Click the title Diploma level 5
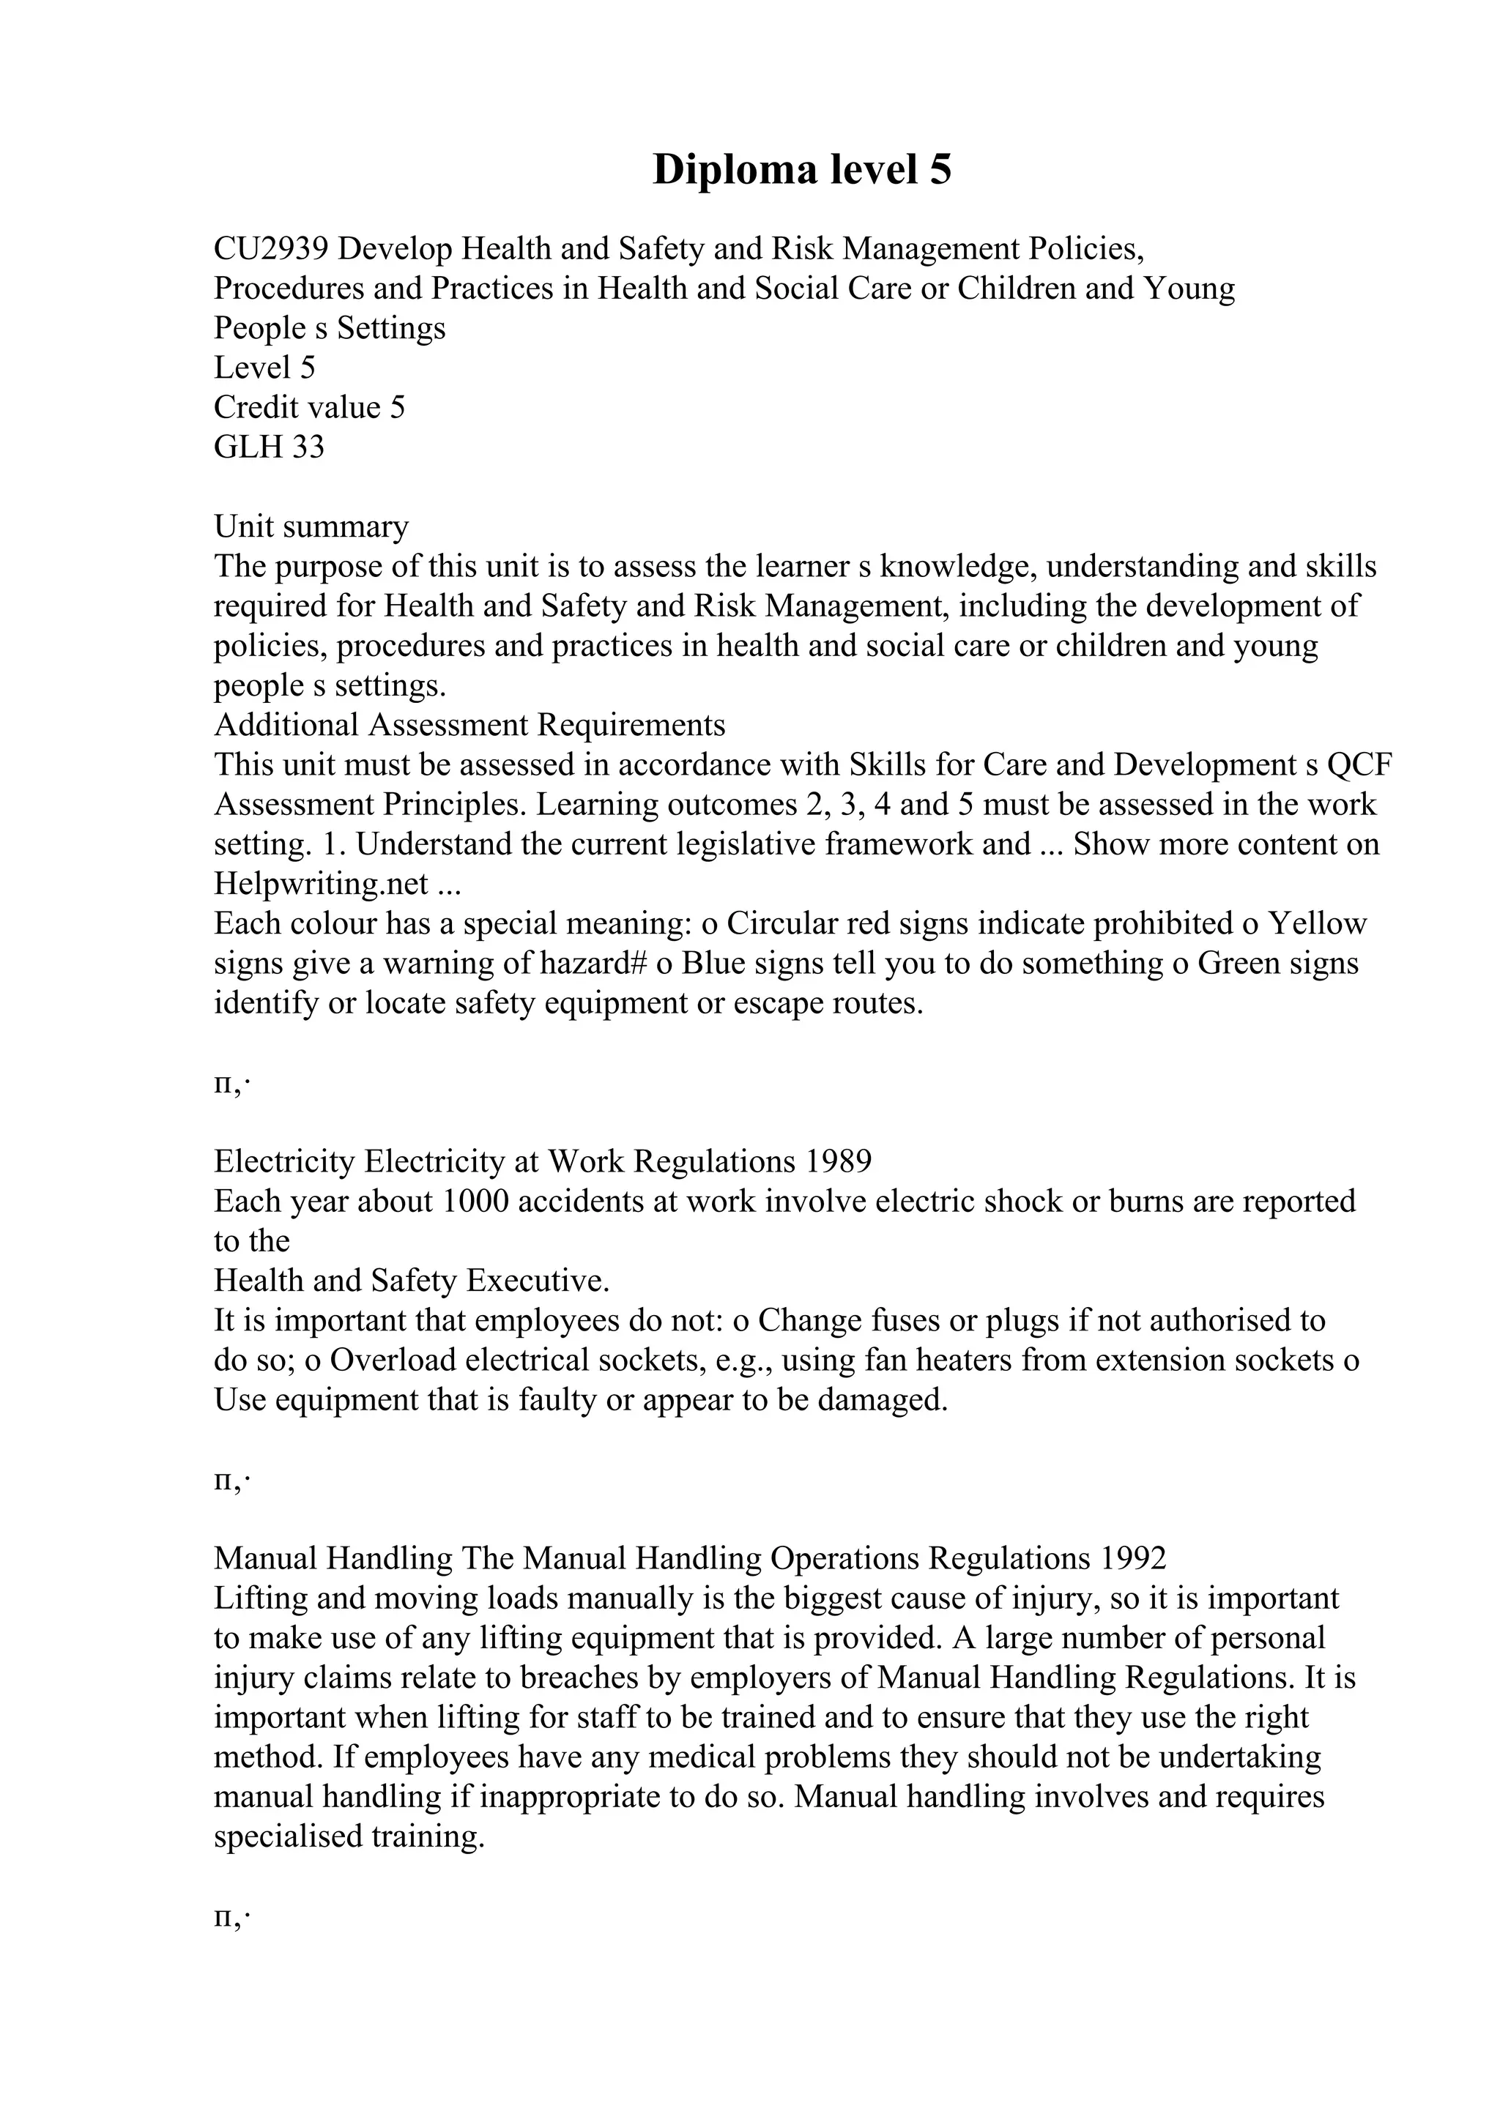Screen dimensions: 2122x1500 [x=801, y=170]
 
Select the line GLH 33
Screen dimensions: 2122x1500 [x=269, y=447]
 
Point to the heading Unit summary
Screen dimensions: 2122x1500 [x=311, y=526]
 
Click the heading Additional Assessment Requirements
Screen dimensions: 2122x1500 [x=469, y=725]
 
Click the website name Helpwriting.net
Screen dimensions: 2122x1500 [x=321, y=884]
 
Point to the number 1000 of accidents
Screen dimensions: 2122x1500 [x=477, y=1201]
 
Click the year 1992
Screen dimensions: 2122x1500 [x=1133, y=1558]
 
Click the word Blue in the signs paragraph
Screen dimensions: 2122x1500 [x=713, y=963]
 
